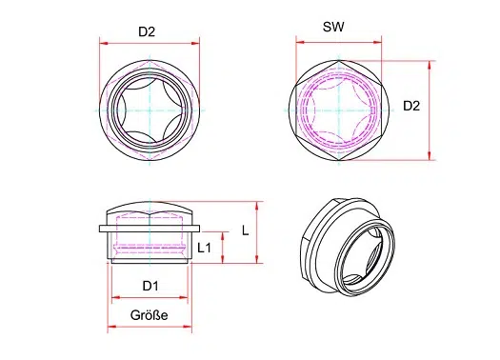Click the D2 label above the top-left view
[x=147, y=31]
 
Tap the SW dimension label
[x=333, y=27]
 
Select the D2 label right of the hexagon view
[x=411, y=106]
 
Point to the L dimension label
[x=245, y=230]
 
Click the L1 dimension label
[x=204, y=248]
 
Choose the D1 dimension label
[x=150, y=286]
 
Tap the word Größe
[x=149, y=315]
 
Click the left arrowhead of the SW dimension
[x=300, y=42]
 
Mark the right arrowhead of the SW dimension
[x=377, y=42]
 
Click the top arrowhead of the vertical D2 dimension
[x=430, y=65]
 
